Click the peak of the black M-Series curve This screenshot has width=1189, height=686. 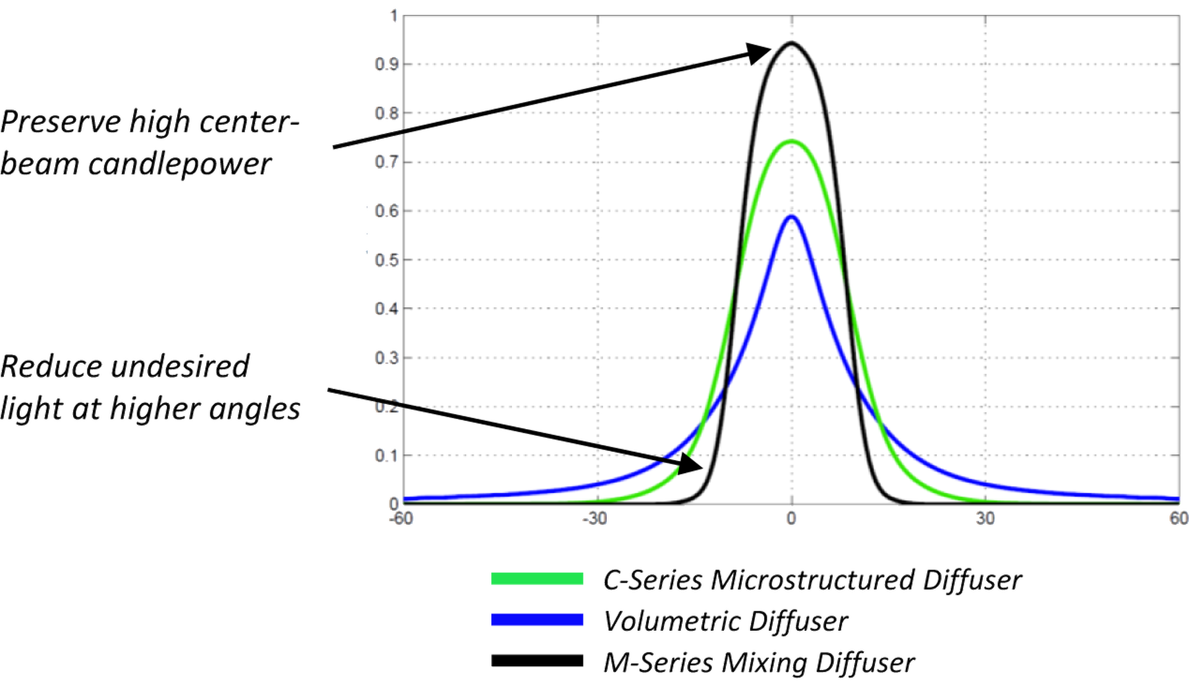point(791,43)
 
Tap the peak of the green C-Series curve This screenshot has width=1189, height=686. point(791,142)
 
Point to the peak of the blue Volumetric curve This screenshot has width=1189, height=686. point(791,216)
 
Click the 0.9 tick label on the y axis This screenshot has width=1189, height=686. point(386,64)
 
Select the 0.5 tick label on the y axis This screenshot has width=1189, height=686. point(386,260)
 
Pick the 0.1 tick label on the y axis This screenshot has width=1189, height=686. point(386,456)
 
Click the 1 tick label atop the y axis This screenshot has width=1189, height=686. point(393,16)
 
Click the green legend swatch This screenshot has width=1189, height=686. point(537,578)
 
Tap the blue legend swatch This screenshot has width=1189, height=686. point(537,620)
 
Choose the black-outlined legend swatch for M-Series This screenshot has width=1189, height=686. point(537,661)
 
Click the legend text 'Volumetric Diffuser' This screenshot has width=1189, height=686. point(726,620)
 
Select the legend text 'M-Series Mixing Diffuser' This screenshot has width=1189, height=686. point(759,662)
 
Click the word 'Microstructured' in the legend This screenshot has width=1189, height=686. point(811,580)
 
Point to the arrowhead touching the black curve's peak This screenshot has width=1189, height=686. point(758,53)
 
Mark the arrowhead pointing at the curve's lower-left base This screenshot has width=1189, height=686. point(691,464)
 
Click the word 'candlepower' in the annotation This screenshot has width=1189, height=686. point(180,165)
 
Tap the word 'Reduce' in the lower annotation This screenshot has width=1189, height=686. point(52,367)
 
